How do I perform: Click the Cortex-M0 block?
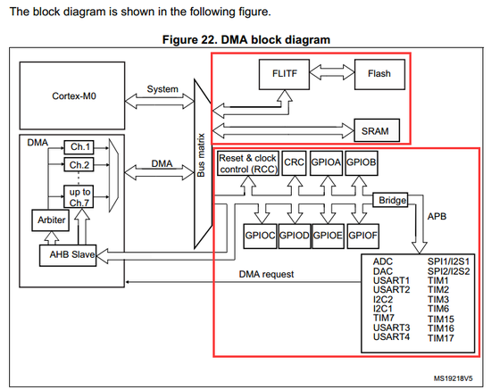72,95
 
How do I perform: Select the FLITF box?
284,74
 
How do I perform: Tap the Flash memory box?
379,74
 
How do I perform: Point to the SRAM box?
377,130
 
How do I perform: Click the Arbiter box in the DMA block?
51,220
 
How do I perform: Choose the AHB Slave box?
68,255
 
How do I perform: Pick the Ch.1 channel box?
79,147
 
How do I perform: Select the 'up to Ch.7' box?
79,196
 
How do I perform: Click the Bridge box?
390,200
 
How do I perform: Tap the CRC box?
294,162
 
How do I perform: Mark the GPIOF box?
363,236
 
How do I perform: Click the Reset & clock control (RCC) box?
248,163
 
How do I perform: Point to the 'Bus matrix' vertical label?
201,155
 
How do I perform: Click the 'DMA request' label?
267,274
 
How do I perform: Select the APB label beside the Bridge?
437,216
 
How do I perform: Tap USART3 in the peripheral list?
391,328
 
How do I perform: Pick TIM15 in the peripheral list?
441,319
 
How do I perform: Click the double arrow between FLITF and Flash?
332,72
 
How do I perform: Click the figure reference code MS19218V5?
454,378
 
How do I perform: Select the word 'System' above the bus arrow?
162,89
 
